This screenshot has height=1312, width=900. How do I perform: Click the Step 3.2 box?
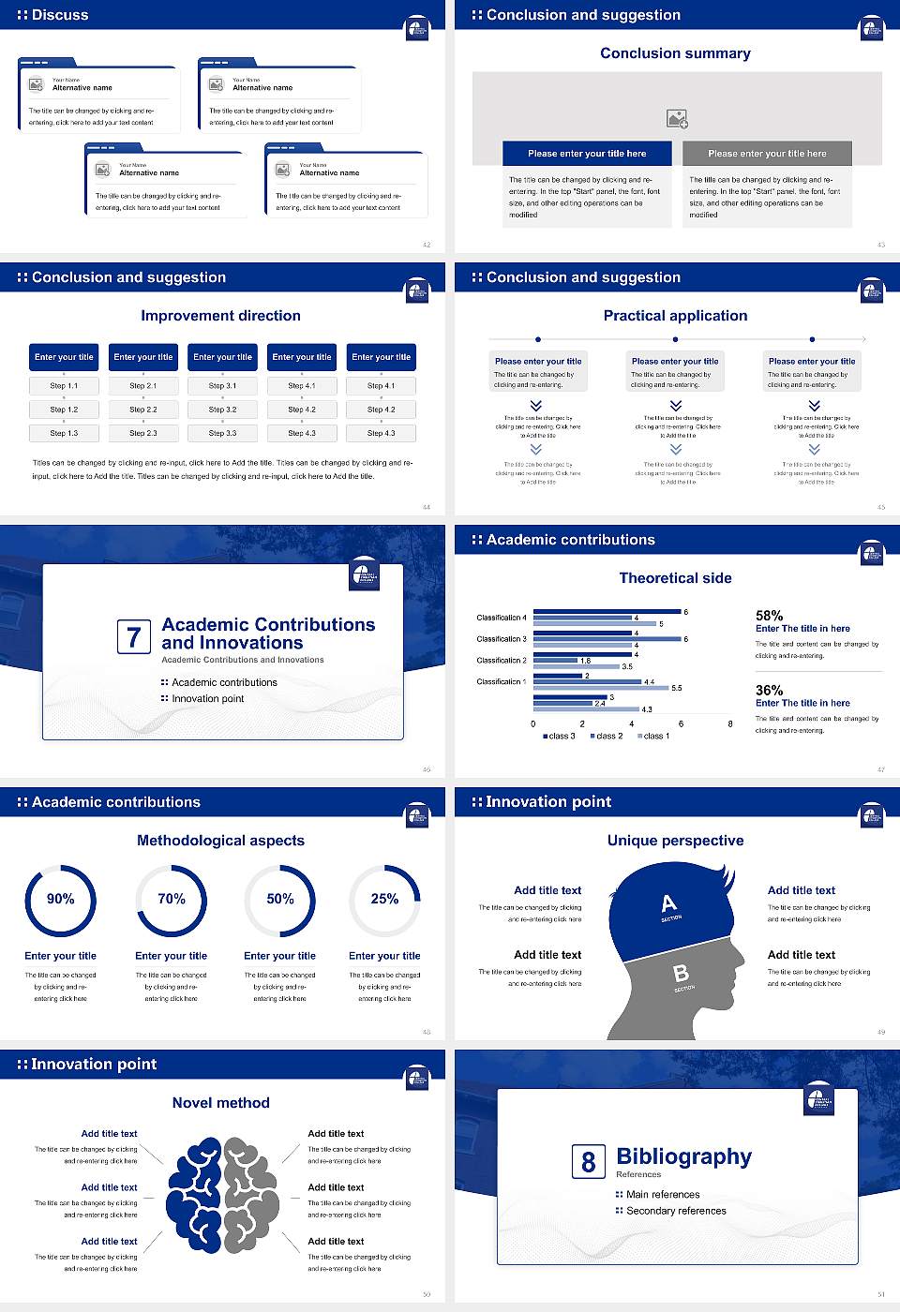222,410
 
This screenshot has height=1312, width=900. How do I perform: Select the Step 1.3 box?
64,433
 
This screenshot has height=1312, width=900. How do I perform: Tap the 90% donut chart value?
61,899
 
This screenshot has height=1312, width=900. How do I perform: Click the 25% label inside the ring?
384,899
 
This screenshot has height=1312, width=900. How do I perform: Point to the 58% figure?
769,616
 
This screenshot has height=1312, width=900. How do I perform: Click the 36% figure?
769,690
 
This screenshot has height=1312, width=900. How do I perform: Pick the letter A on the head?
668,903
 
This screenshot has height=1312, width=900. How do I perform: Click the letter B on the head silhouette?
682,974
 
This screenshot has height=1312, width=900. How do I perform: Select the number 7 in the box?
133,637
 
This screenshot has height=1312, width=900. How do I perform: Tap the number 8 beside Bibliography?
588,1162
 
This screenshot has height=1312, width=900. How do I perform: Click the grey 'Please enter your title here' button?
767,154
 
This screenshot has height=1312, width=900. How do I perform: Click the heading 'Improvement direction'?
220,316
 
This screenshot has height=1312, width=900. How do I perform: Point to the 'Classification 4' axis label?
502,618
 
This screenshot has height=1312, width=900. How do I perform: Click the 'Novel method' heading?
220,1103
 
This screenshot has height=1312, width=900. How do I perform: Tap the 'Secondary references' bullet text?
676,1211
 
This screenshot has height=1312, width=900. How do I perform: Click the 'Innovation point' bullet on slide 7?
207,698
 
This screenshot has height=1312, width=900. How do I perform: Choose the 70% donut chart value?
172,899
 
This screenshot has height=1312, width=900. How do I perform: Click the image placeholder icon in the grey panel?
677,118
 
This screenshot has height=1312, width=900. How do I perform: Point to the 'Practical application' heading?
675,316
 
